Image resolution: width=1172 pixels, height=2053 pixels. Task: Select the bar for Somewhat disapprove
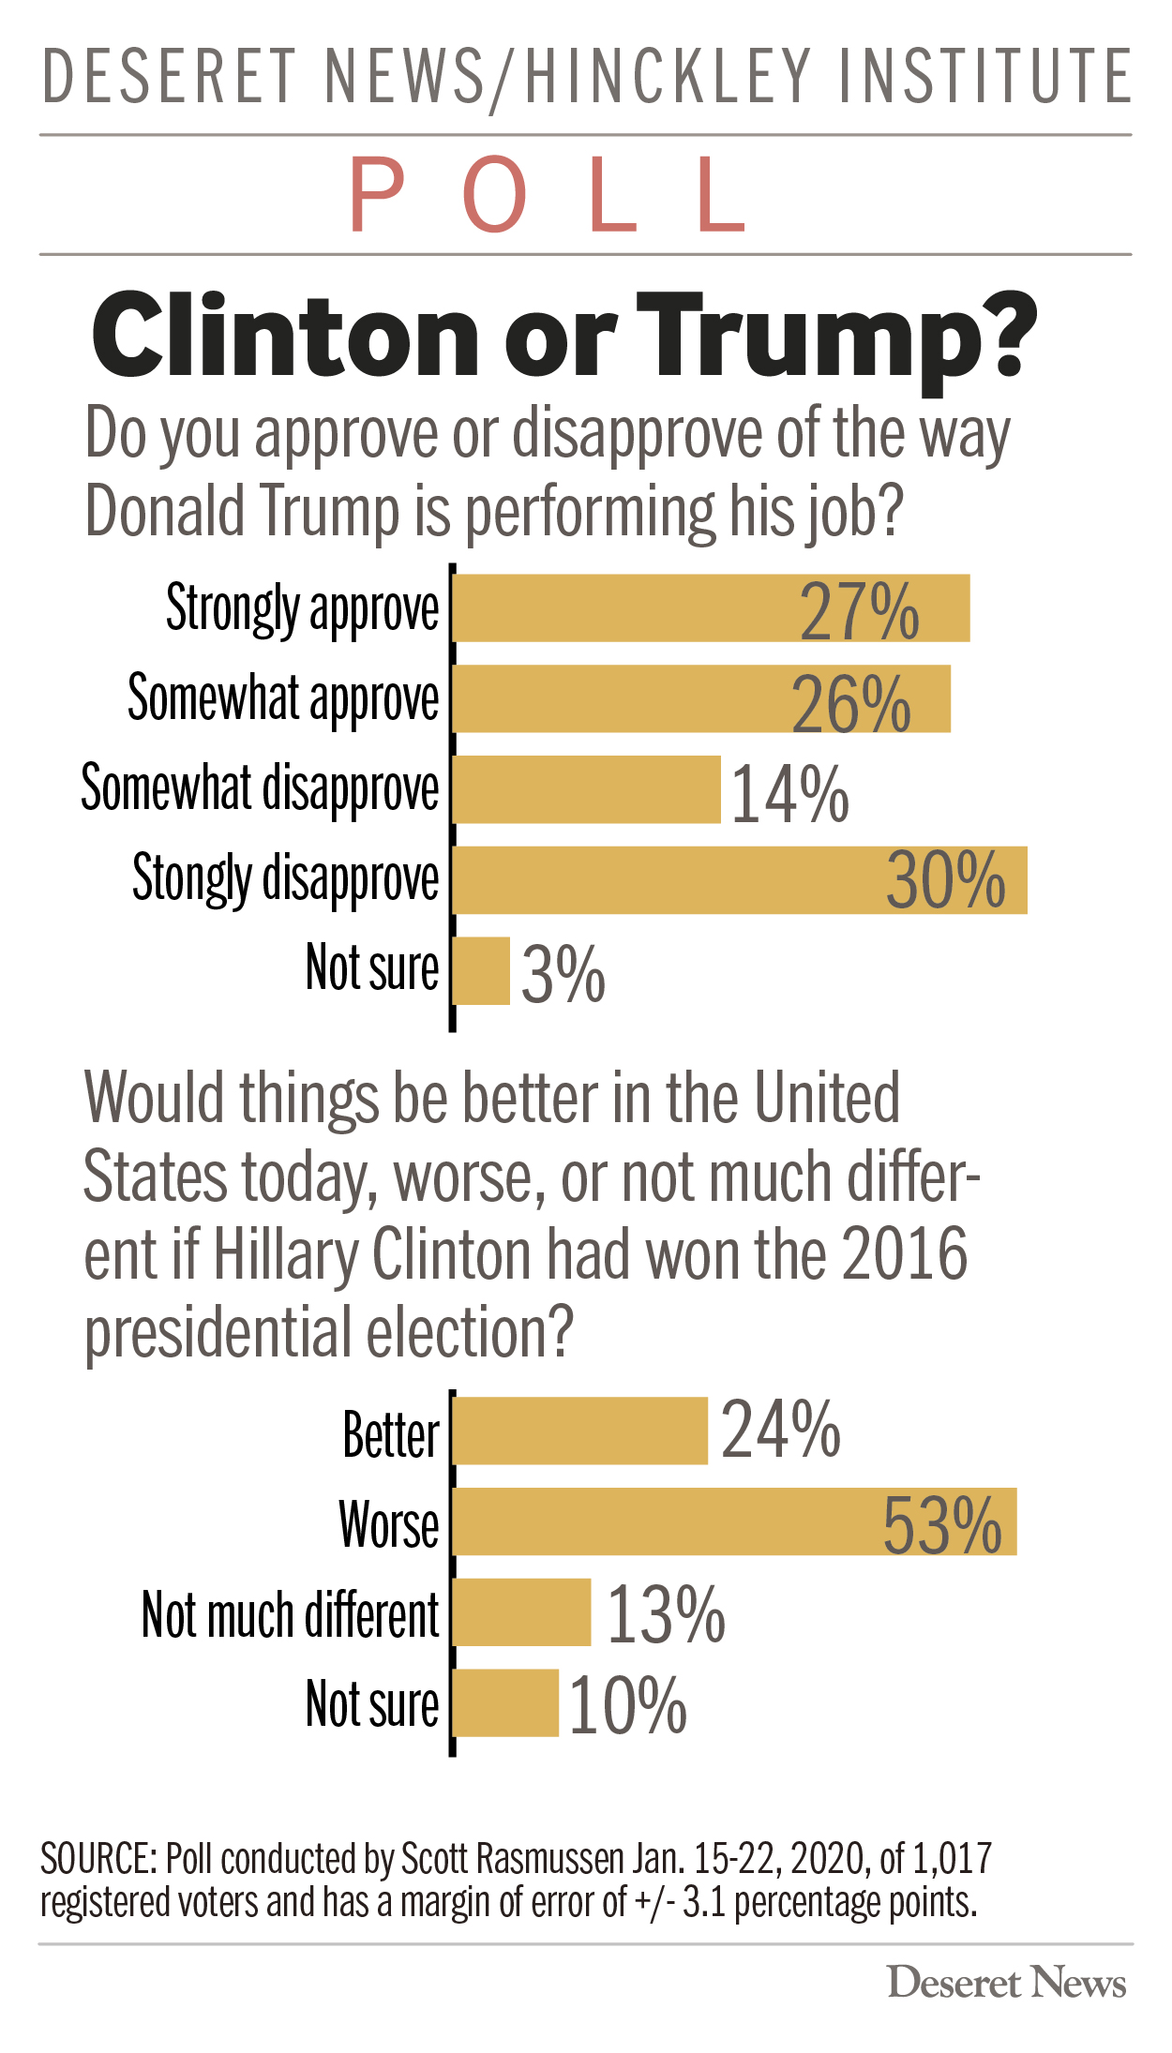(x=587, y=789)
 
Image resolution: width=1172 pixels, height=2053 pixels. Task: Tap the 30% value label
(x=945, y=881)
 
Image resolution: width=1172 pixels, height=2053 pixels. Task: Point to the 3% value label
(x=563, y=974)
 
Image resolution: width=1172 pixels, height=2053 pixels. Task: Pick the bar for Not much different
(x=522, y=1612)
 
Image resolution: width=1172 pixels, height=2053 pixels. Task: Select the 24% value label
(x=780, y=1431)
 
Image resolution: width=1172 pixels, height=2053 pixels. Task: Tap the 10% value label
(x=627, y=1705)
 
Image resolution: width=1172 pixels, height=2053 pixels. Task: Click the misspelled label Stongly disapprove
(x=285, y=879)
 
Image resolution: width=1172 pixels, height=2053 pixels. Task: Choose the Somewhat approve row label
(x=283, y=699)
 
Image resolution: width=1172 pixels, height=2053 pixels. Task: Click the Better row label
(x=390, y=1434)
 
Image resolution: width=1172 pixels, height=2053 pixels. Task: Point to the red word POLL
(x=548, y=196)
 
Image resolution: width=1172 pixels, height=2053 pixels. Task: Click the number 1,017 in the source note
(x=952, y=1857)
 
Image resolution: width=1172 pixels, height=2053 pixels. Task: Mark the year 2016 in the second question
(x=905, y=1254)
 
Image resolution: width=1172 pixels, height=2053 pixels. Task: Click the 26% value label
(x=850, y=703)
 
